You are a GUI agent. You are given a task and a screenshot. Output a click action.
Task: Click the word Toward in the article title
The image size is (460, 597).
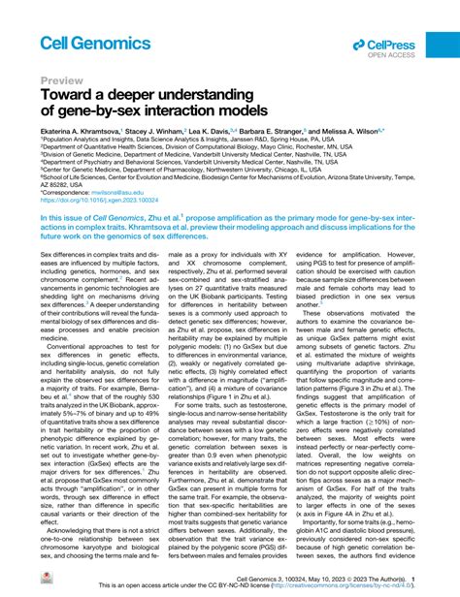click(71, 99)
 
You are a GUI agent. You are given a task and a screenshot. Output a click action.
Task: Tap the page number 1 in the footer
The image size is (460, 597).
click(414, 579)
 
